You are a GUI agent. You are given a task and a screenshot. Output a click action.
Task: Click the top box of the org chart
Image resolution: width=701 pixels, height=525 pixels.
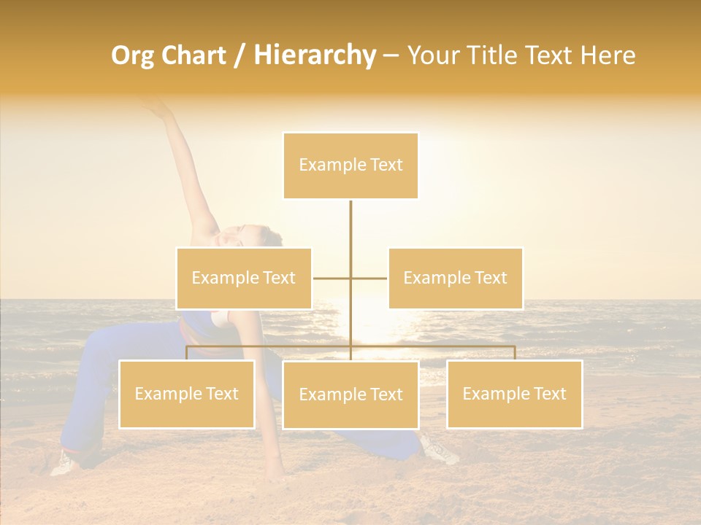click(350, 166)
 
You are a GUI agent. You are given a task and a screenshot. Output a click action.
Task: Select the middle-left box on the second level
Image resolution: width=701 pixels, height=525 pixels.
click(244, 278)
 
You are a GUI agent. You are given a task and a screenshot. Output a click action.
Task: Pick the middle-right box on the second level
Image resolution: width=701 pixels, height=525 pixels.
click(455, 278)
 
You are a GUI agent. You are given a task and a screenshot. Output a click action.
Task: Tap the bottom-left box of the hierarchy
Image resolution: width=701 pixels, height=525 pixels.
click(187, 394)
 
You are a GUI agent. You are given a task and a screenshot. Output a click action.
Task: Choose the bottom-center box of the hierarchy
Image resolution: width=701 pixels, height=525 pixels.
click(350, 394)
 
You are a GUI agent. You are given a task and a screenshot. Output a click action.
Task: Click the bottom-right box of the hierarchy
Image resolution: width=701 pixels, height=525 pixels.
click(514, 394)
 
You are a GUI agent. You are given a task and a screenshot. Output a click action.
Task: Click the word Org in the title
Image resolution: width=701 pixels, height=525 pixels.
click(131, 55)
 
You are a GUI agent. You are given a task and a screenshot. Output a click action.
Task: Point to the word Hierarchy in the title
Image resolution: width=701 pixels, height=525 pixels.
click(314, 55)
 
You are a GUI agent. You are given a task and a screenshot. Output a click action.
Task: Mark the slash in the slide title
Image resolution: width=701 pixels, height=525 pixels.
click(240, 56)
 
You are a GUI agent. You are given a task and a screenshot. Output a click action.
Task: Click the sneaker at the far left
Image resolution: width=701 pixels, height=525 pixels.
click(64, 462)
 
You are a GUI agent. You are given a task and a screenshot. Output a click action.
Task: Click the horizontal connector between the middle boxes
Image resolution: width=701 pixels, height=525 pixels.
click(333, 278)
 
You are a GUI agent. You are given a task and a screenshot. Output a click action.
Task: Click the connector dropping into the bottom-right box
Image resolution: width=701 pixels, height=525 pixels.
click(515, 353)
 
